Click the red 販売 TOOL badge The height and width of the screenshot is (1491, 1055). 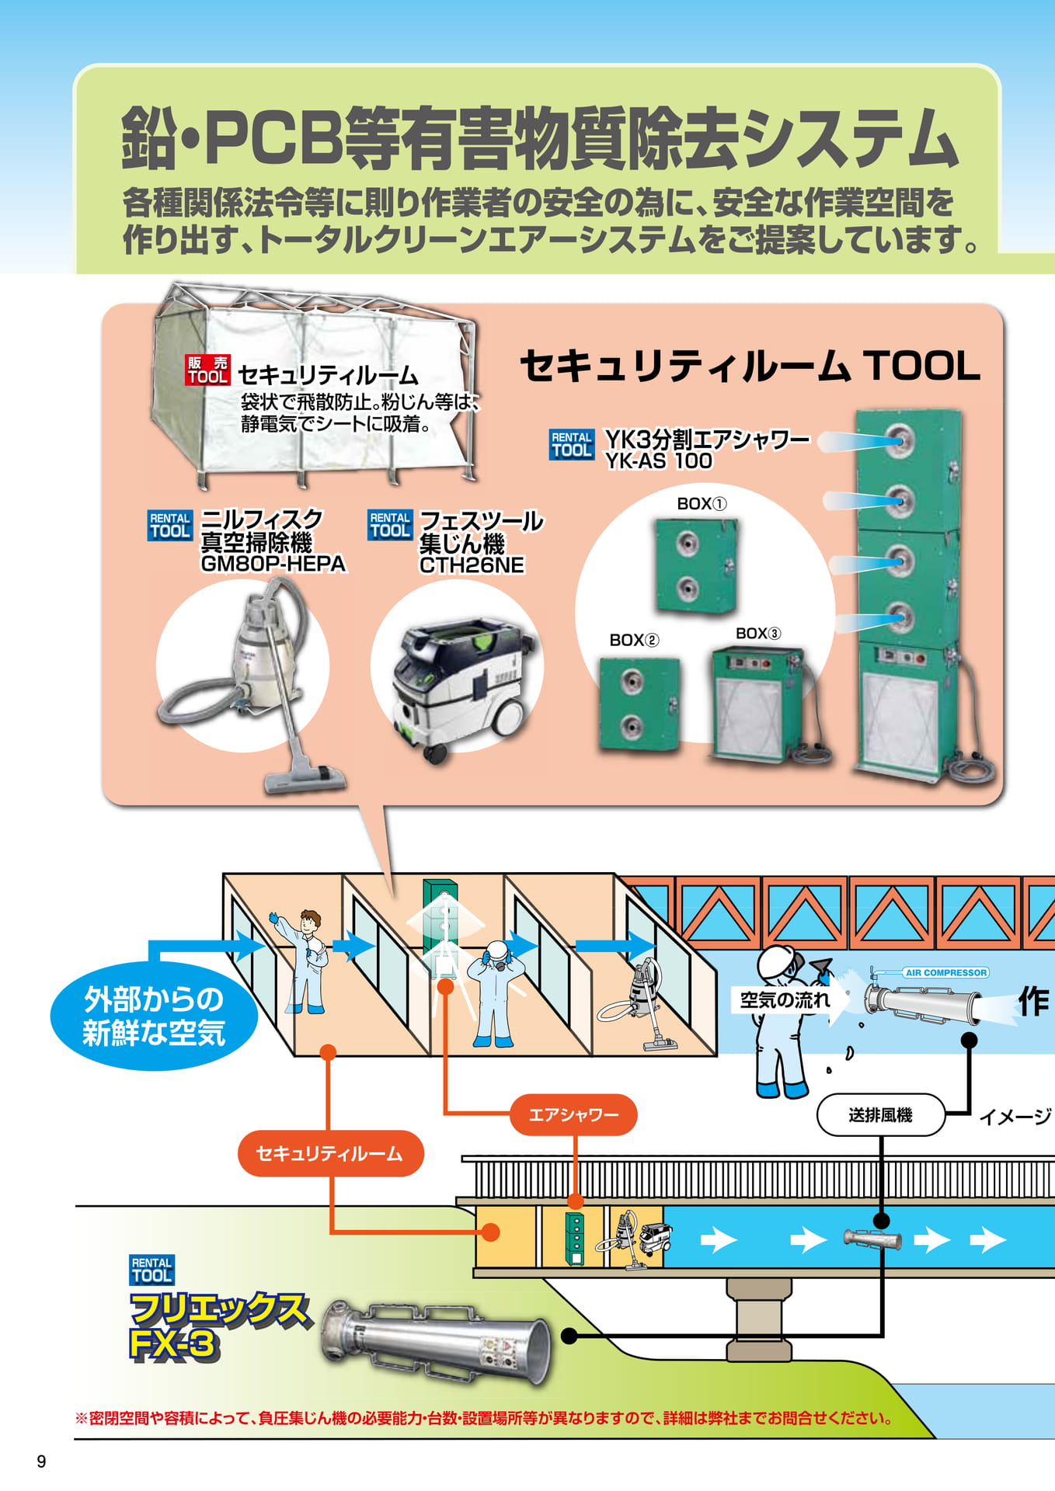tap(207, 370)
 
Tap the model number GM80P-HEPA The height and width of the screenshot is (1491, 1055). tap(273, 564)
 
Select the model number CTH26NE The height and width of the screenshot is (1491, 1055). tap(472, 565)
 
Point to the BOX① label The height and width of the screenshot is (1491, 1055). tap(702, 504)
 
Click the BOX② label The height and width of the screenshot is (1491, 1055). tap(634, 640)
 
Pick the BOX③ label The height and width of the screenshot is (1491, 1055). tap(758, 634)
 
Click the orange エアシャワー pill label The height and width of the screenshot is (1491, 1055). tap(573, 1115)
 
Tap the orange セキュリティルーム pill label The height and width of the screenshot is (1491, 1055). tap(330, 1153)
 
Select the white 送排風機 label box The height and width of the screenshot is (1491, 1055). tap(880, 1115)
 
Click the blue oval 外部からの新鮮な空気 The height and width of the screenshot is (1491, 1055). tap(154, 1016)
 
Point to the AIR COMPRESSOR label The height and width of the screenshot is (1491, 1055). tap(945, 972)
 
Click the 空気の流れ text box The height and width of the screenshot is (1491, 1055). tap(783, 1000)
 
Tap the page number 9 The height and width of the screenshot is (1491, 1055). tap(41, 1461)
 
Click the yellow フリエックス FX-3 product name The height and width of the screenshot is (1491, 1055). tap(218, 1327)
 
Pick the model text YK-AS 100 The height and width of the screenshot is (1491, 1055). tap(659, 461)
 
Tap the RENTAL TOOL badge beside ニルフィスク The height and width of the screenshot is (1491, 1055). tap(170, 526)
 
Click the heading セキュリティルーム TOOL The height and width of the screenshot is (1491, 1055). tap(750, 366)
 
